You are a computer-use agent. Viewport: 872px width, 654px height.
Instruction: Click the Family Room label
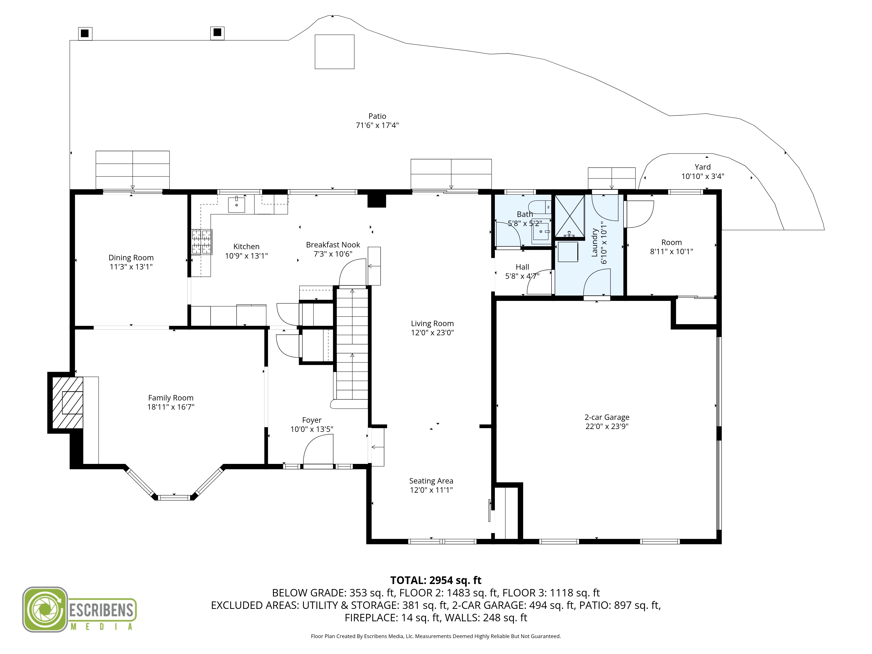(x=171, y=398)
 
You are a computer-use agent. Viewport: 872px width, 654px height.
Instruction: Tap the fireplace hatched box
(x=67, y=402)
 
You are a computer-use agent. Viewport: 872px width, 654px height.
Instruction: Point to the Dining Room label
(x=131, y=257)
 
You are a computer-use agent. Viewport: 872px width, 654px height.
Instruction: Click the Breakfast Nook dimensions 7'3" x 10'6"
(x=333, y=254)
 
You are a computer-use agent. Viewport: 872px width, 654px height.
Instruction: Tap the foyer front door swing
(x=318, y=449)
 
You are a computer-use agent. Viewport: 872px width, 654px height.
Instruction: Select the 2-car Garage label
(x=607, y=417)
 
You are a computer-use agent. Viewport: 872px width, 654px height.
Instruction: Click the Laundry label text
(x=594, y=242)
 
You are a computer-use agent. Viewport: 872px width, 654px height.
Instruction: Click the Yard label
(x=703, y=167)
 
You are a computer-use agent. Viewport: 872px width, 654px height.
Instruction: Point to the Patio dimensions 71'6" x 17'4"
(x=377, y=125)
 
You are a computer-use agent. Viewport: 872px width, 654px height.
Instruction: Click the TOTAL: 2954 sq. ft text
(x=436, y=580)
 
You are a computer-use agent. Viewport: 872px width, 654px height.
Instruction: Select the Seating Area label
(x=431, y=481)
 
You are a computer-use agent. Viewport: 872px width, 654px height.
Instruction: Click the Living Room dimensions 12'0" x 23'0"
(x=433, y=333)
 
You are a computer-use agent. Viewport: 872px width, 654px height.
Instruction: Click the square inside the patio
(x=334, y=52)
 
